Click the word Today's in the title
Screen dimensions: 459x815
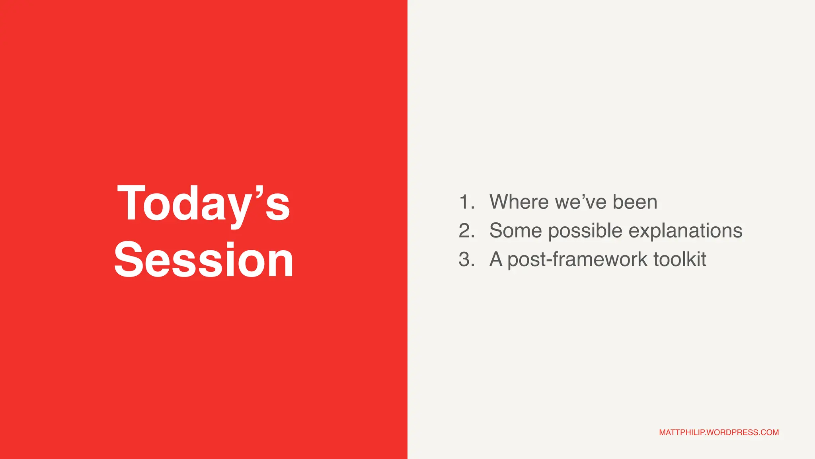click(203, 204)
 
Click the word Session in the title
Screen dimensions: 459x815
click(203, 260)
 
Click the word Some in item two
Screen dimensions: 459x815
click(515, 231)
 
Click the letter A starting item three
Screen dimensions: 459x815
click(496, 259)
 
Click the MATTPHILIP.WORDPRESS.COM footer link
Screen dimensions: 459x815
click(719, 432)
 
